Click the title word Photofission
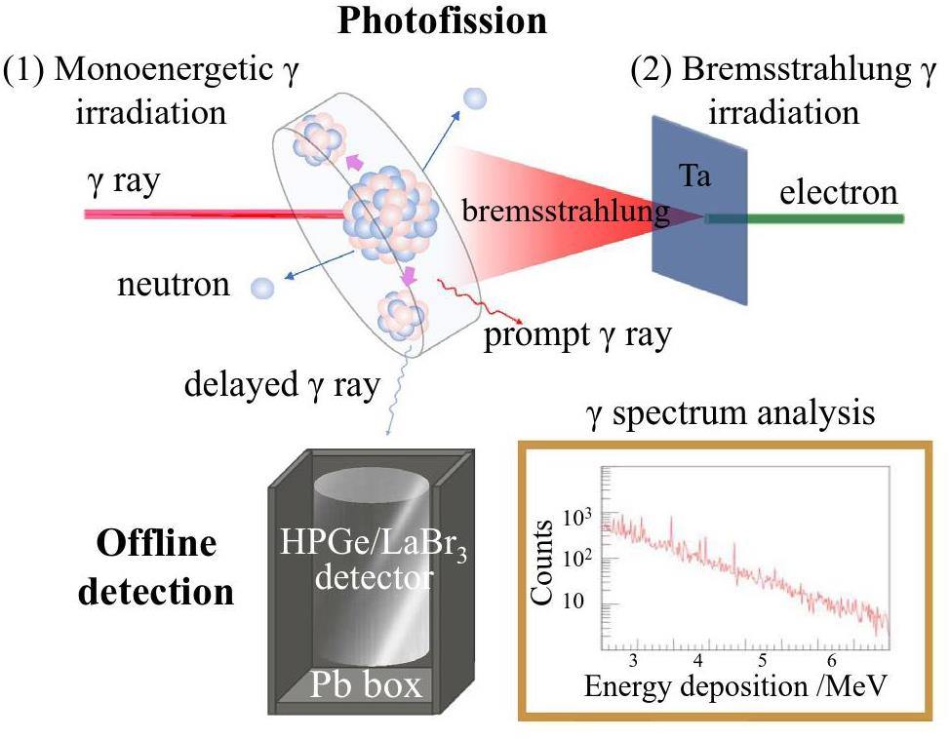tap(441, 19)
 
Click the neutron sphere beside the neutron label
tap(262, 288)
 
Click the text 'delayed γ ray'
tap(282, 384)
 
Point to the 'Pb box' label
tap(366, 684)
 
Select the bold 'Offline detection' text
tap(156, 566)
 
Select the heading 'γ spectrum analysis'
tap(730, 414)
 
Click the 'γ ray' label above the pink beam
tap(122, 181)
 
